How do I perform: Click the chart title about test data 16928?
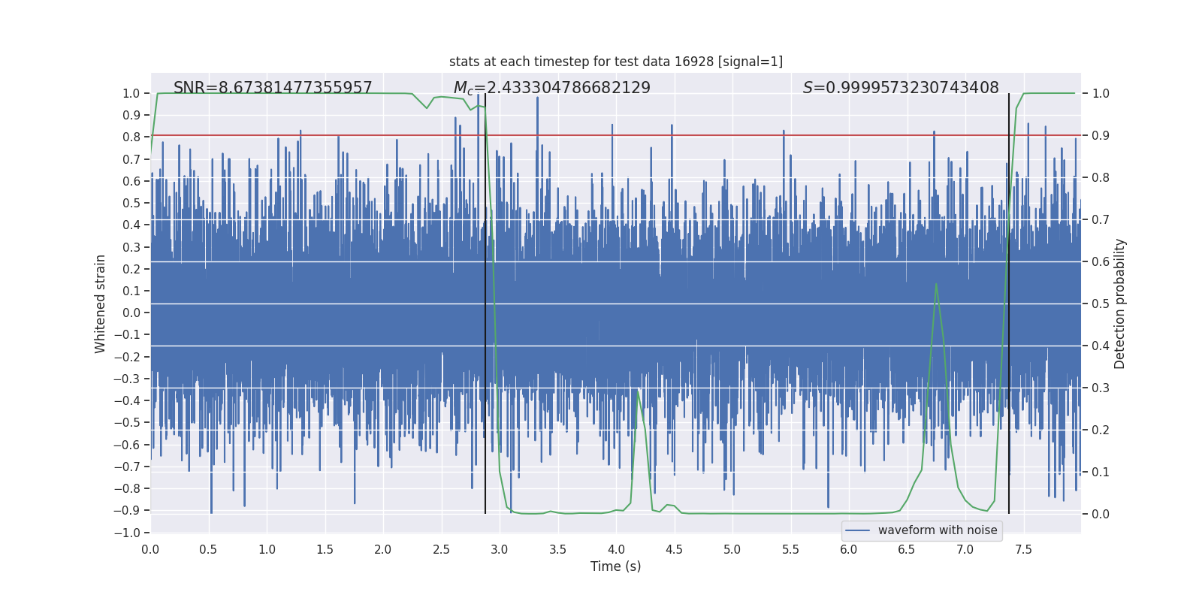coord(615,62)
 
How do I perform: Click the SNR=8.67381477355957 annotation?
coord(273,88)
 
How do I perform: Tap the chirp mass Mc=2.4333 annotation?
coord(551,88)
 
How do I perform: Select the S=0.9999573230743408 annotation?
coord(901,88)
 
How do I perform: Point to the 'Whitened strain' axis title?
coord(100,304)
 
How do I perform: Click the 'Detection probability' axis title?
coord(1120,304)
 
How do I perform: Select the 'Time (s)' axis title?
coord(615,566)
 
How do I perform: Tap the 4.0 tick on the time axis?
coord(616,549)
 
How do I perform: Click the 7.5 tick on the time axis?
coord(1023,549)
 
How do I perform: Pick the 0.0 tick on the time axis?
coord(150,549)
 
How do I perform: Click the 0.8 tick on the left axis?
coord(131,137)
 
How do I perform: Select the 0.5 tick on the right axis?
coord(1101,304)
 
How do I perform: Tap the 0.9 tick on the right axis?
coord(1101,135)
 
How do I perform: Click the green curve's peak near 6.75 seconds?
coord(936,284)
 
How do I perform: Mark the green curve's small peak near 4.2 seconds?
coord(638,390)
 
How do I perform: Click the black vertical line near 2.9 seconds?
coord(485,300)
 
